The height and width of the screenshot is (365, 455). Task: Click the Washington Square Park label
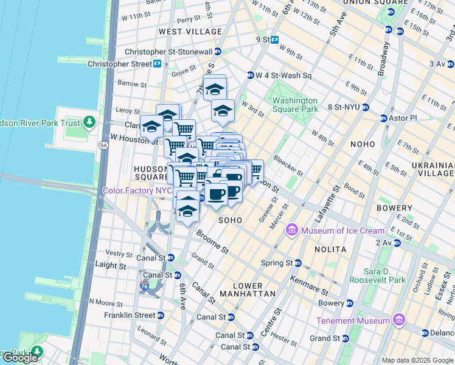295,105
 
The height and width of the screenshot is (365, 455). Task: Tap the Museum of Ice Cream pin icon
292,231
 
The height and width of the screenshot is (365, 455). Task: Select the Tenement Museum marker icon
398,321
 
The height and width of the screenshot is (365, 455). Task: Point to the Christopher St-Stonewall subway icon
217,52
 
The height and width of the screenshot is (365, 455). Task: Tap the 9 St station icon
275,40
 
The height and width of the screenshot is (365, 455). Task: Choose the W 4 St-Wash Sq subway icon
250,75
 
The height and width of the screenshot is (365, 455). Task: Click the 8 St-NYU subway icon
366,107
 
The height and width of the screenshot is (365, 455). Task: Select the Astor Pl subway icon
384,117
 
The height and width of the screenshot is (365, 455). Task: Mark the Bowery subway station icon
349,303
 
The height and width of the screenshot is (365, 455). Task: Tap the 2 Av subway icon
397,243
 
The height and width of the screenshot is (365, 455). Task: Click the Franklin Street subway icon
160,316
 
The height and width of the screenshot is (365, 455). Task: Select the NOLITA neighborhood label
330,249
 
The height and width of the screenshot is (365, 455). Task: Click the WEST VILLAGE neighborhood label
190,32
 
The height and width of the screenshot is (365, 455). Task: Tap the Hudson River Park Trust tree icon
89,123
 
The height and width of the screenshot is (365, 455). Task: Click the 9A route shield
103,145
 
